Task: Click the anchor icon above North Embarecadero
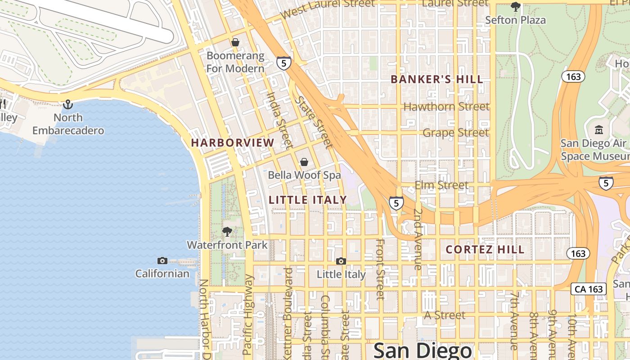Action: coord(68,104)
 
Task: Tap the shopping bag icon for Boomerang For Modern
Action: coord(235,42)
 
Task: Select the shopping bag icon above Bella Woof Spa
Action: coord(304,162)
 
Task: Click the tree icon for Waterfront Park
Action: coord(227,232)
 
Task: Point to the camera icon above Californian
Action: coord(162,261)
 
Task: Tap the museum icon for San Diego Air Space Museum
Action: coord(599,130)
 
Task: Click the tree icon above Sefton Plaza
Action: coord(515,7)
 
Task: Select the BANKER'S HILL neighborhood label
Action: coord(436,80)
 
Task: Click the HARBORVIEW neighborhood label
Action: coord(232,143)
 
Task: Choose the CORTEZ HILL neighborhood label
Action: coord(485,250)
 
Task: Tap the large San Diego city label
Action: coord(423,351)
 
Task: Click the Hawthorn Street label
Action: coord(446,107)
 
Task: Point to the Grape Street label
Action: coord(455,133)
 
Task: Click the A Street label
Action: coord(445,315)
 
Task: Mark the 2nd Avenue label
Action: coord(418,239)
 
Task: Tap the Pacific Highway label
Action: coord(248,315)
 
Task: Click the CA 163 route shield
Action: coord(589,289)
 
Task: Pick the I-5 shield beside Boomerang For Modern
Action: coord(283,63)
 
